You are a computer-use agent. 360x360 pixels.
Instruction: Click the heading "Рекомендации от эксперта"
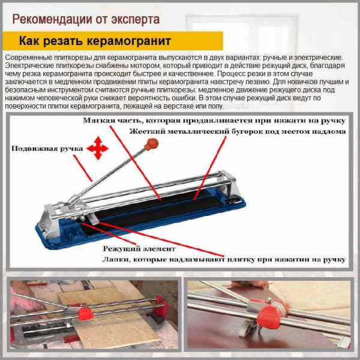click(86, 19)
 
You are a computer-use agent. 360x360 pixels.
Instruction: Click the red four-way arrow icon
click(98, 148)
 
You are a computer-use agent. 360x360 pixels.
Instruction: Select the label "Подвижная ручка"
click(47, 149)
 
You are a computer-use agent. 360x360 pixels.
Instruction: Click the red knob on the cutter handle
click(151, 145)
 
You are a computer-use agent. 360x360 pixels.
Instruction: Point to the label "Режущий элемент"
click(139, 249)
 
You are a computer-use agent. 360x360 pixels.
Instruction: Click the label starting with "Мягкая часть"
click(214, 121)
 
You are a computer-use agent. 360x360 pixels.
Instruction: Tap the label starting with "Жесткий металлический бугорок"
click(238, 131)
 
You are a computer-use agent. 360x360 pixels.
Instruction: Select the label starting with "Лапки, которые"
click(224, 260)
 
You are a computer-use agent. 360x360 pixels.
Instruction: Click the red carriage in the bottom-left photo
click(85, 314)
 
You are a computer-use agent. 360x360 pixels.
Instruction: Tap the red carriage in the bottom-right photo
click(269, 317)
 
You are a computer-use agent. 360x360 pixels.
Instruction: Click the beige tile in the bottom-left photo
click(110, 322)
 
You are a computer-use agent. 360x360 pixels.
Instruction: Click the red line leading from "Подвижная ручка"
click(83, 168)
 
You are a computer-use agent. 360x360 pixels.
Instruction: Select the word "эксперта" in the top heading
click(136, 20)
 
